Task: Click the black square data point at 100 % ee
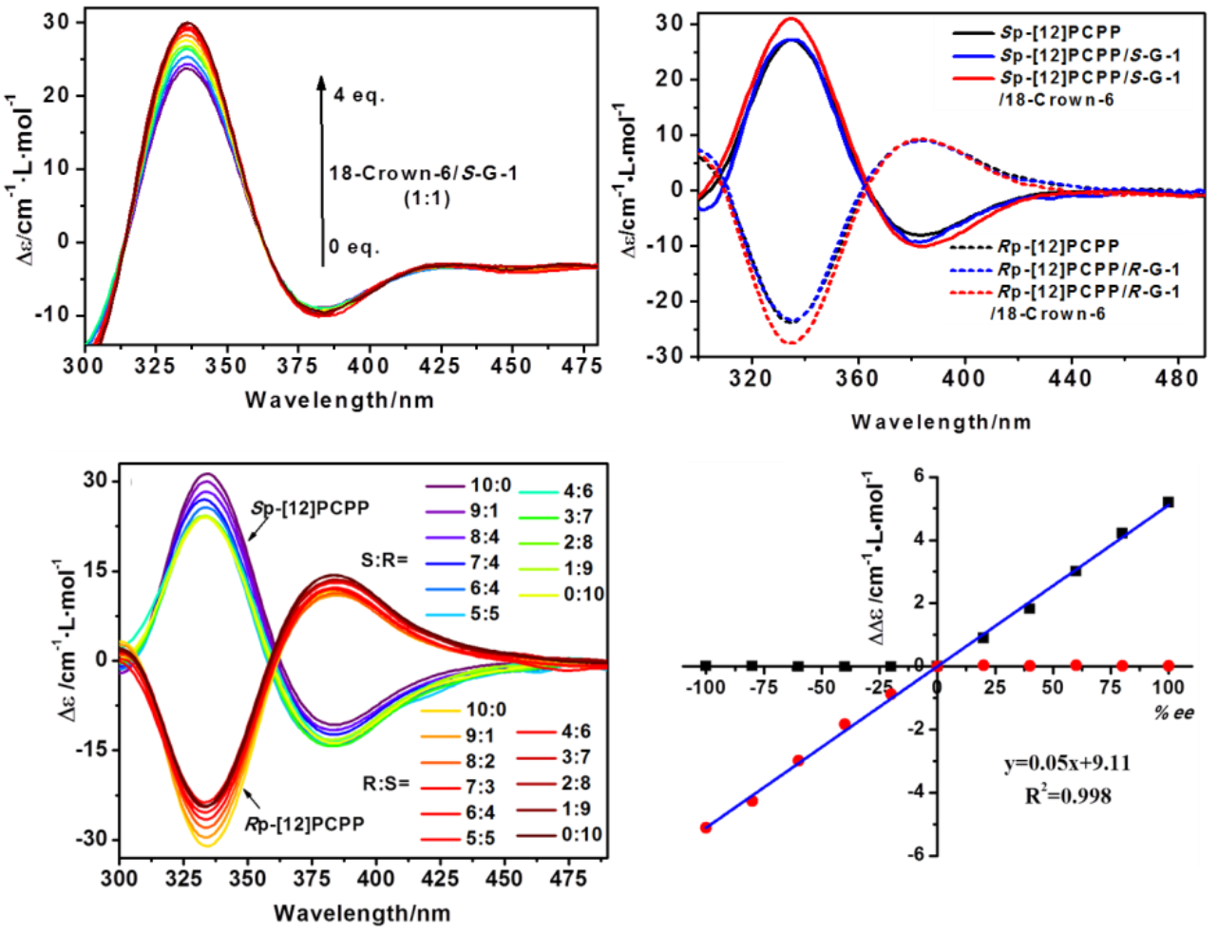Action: point(1168,502)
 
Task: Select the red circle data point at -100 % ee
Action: point(705,828)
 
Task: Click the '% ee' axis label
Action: point(1174,712)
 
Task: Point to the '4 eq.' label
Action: point(357,95)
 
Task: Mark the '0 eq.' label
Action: point(352,247)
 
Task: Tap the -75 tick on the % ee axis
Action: point(752,687)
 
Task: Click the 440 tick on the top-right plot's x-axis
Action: point(1069,378)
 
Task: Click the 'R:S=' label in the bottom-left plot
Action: point(385,784)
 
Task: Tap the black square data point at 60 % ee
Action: point(1075,571)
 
